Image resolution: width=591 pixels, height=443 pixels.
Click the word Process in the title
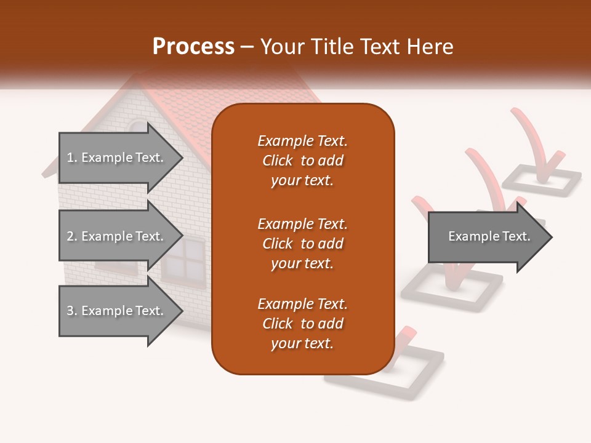tap(193, 46)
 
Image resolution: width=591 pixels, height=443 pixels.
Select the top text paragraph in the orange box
tap(302, 161)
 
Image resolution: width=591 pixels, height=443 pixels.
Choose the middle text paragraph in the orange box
tap(302, 244)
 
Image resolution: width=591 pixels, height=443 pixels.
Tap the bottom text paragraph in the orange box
tap(302, 324)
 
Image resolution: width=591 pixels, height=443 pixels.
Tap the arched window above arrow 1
tap(136, 126)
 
